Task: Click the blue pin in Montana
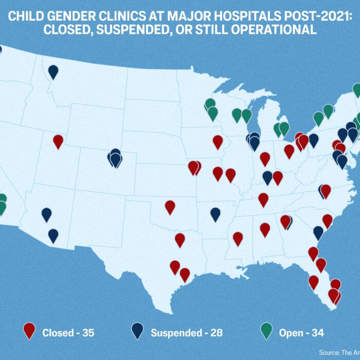click(53, 71)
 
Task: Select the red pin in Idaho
click(58, 141)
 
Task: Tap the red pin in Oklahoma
click(170, 207)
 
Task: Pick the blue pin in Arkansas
click(215, 214)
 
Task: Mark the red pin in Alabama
click(265, 229)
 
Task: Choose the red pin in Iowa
click(218, 141)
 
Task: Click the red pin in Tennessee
click(263, 200)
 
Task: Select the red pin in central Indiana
click(265, 158)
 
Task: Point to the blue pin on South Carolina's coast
click(318, 232)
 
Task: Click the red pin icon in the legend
click(29, 331)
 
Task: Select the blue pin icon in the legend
click(137, 331)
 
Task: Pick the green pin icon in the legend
click(266, 331)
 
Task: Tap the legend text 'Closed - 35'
click(68, 333)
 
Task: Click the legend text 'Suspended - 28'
click(186, 333)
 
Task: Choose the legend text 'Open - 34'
click(301, 333)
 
